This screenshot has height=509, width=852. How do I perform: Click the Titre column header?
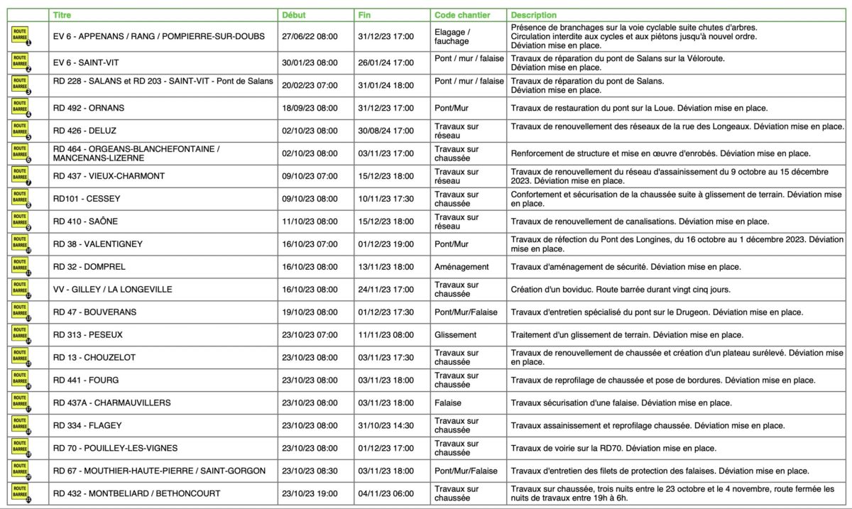(62, 15)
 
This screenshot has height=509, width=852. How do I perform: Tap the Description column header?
(534, 15)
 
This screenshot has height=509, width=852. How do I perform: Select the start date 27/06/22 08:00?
(310, 36)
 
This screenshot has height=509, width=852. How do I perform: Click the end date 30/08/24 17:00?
(386, 131)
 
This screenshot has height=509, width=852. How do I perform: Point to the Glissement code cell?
(456, 335)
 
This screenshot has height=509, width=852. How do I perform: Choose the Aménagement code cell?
(461, 267)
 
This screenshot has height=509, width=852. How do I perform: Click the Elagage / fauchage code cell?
(452, 36)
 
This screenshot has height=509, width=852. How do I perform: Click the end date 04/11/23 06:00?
(386, 493)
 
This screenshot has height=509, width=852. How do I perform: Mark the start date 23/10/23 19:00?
(310, 493)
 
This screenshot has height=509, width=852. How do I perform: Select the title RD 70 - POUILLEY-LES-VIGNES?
(115, 448)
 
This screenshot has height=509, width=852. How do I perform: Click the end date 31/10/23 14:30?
(386, 426)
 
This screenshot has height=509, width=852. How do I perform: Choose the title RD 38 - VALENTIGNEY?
(98, 244)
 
